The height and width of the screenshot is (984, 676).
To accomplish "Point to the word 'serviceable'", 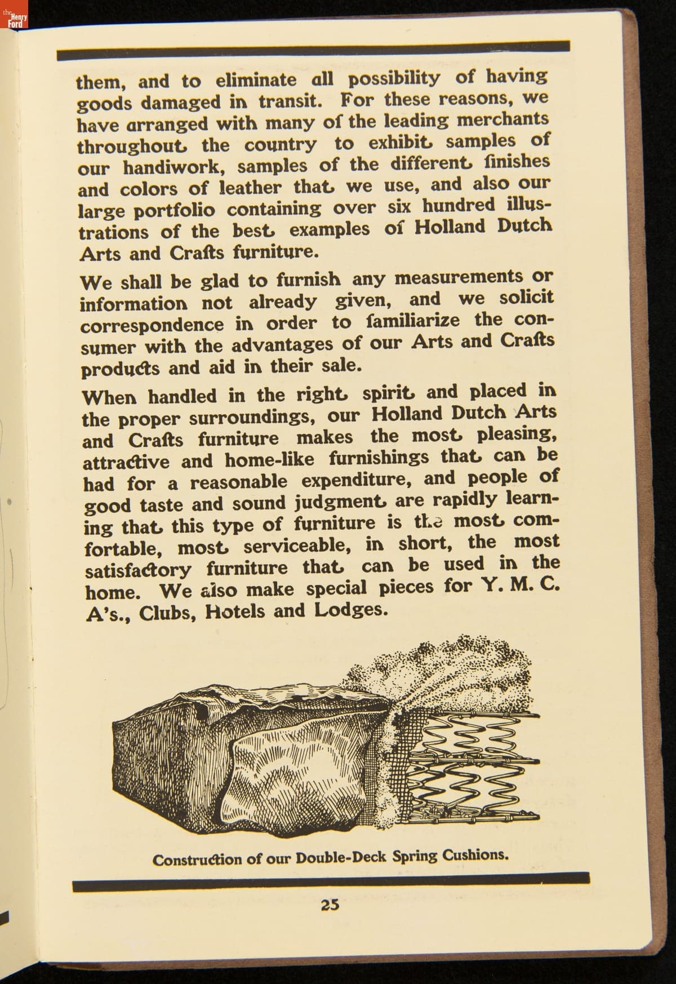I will pos(299,546).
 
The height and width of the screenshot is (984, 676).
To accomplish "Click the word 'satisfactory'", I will pos(139,570).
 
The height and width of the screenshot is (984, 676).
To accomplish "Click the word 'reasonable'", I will pos(238,483).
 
